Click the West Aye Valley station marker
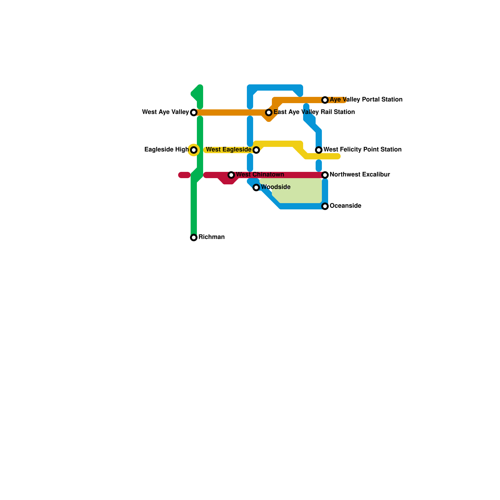tap(194, 112)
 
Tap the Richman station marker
tap(194, 237)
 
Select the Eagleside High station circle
tap(194, 150)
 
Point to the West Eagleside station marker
tap(256, 150)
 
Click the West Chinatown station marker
tap(231, 175)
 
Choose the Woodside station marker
tap(256, 187)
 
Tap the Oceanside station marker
tap(325, 206)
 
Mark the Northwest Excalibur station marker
tap(325, 175)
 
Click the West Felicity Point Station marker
tap(319, 150)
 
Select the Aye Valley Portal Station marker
tap(325, 100)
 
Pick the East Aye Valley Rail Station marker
tap(269, 112)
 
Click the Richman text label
tap(212, 237)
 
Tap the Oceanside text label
tap(345, 206)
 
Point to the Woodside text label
tap(276, 187)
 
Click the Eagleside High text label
tap(166, 150)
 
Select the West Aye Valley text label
tap(165, 112)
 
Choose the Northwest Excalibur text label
tap(360, 175)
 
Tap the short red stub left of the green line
tap(184, 175)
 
